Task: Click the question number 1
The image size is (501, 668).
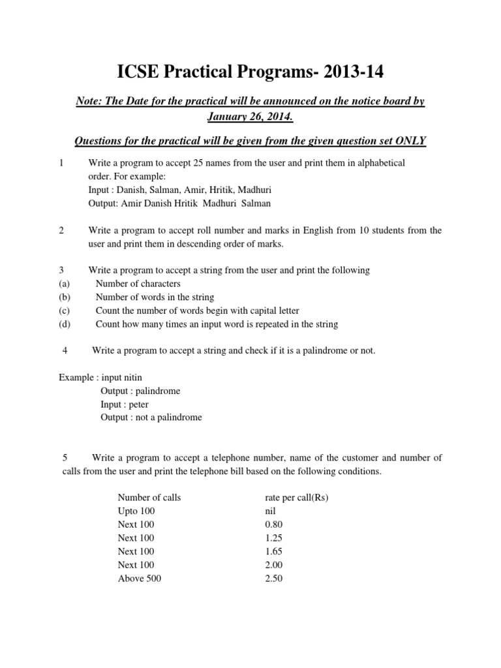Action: click(x=61, y=162)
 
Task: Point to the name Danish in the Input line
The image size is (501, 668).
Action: click(x=135, y=190)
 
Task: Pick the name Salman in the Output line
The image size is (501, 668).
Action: click(x=255, y=203)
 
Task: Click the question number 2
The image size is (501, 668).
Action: click(x=61, y=230)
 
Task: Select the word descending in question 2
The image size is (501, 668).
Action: click(x=205, y=243)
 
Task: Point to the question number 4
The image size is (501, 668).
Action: click(x=65, y=351)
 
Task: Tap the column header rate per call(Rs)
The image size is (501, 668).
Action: click(x=294, y=498)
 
